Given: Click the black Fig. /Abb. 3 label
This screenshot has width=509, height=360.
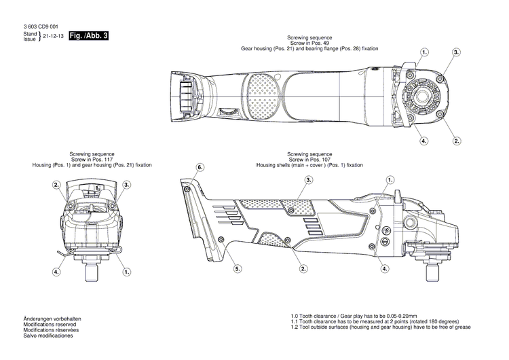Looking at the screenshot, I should point(90,35).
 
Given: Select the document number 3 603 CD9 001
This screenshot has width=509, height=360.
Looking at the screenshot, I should point(44,26).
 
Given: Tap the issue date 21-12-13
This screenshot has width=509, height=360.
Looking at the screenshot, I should point(54,36).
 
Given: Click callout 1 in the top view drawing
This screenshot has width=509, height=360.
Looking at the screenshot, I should point(425,52).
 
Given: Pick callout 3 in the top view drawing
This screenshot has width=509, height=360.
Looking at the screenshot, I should point(456,52).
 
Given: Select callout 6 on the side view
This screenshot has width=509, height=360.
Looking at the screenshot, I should point(200,167).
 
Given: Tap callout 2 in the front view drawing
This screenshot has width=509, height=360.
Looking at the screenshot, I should point(57,185).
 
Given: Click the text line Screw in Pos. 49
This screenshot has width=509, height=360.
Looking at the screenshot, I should point(309,44).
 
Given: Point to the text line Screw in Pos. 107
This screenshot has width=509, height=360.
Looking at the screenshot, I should point(309,160).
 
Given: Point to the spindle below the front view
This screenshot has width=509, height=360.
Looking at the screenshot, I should point(92,274).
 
